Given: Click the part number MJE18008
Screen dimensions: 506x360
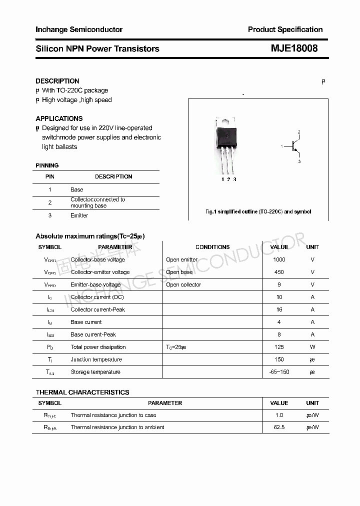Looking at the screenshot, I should [x=294, y=48].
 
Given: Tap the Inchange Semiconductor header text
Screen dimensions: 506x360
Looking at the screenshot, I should [x=79, y=29].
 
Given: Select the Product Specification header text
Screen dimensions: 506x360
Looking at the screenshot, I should [x=285, y=29].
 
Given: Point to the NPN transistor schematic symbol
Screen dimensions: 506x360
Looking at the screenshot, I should [x=294, y=146].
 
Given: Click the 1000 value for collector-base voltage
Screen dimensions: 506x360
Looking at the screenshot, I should [x=279, y=259].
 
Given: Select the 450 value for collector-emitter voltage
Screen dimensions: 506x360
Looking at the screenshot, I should [x=279, y=272].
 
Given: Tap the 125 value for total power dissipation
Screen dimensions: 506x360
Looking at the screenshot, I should [x=279, y=347].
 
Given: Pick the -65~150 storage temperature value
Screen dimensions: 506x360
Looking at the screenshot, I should [x=279, y=372].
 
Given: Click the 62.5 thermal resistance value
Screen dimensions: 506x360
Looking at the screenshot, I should [x=279, y=427].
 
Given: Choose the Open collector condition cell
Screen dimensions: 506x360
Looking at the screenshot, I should [x=183, y=284].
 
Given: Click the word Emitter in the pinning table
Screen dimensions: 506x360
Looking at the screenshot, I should [x=79, y=215].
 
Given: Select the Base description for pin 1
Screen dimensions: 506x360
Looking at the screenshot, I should [x=77, y=189].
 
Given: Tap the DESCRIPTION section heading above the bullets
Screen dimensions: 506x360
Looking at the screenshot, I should [x=57, y=81].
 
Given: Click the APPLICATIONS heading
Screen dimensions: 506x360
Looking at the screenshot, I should [x=59, y=118].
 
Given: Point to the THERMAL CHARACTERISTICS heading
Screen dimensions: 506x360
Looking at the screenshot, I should [x=82, y=392].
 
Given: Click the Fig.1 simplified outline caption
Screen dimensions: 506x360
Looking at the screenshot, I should [x=258, y=211].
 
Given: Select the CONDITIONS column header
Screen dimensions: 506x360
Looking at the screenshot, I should [x=212, y=247].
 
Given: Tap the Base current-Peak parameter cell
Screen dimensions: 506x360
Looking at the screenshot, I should [x=93, y=334].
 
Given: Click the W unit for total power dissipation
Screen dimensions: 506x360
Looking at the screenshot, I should [x=312, y=347].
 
